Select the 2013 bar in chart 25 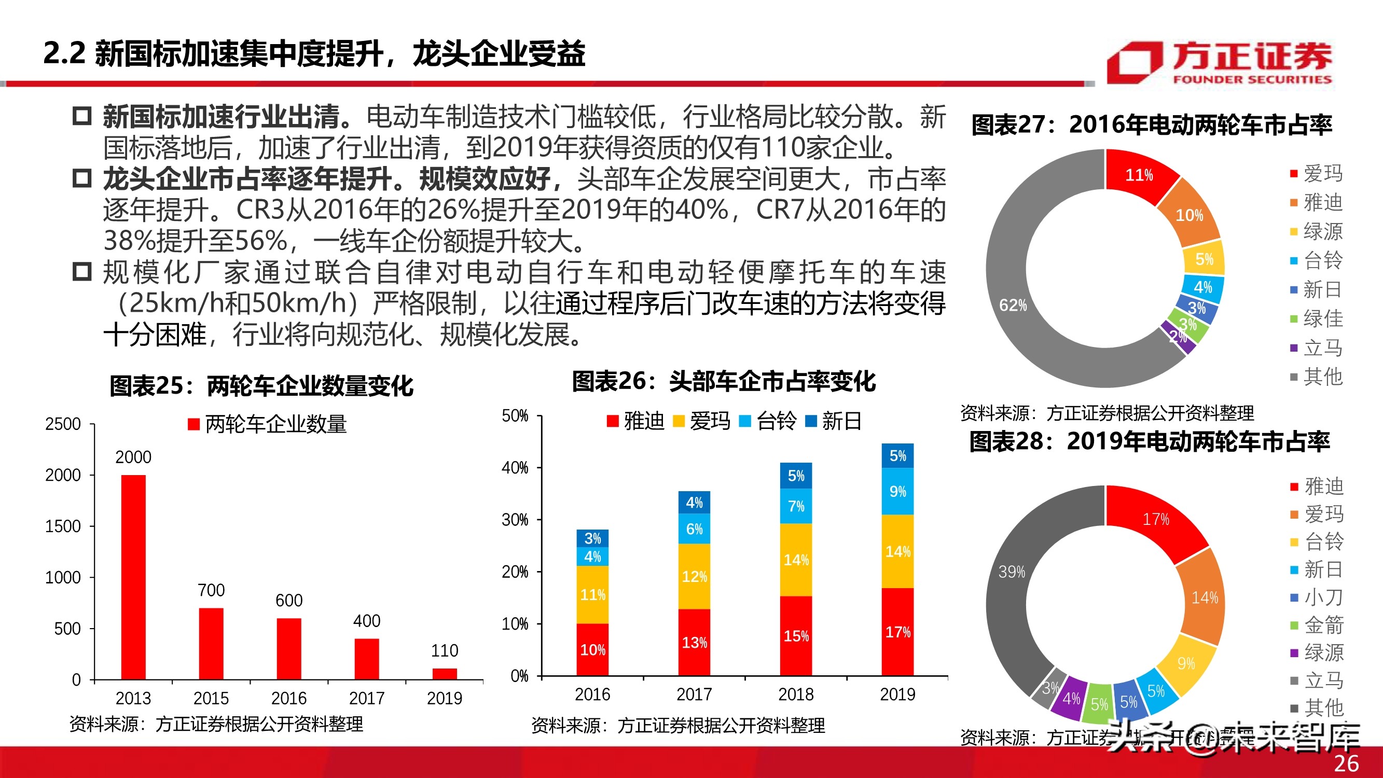coord(133,577)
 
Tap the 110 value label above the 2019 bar coord(445,651)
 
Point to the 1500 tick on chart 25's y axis coord(63,526)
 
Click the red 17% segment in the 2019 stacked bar coord(897,632)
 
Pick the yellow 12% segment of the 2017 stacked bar coord(694,577)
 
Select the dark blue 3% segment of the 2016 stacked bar coord(592,538)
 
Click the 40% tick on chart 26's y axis coord(515,468)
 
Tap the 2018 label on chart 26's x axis coord(796,694)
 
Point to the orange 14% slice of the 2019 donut coord(1204,598)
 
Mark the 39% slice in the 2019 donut coord(1012,572)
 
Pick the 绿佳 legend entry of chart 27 coord(1317,318)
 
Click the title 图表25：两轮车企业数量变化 coord(261,385)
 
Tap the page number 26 coord(1347,763)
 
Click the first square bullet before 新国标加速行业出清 coord(82,116)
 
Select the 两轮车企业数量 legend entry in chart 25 coord(267,424)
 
